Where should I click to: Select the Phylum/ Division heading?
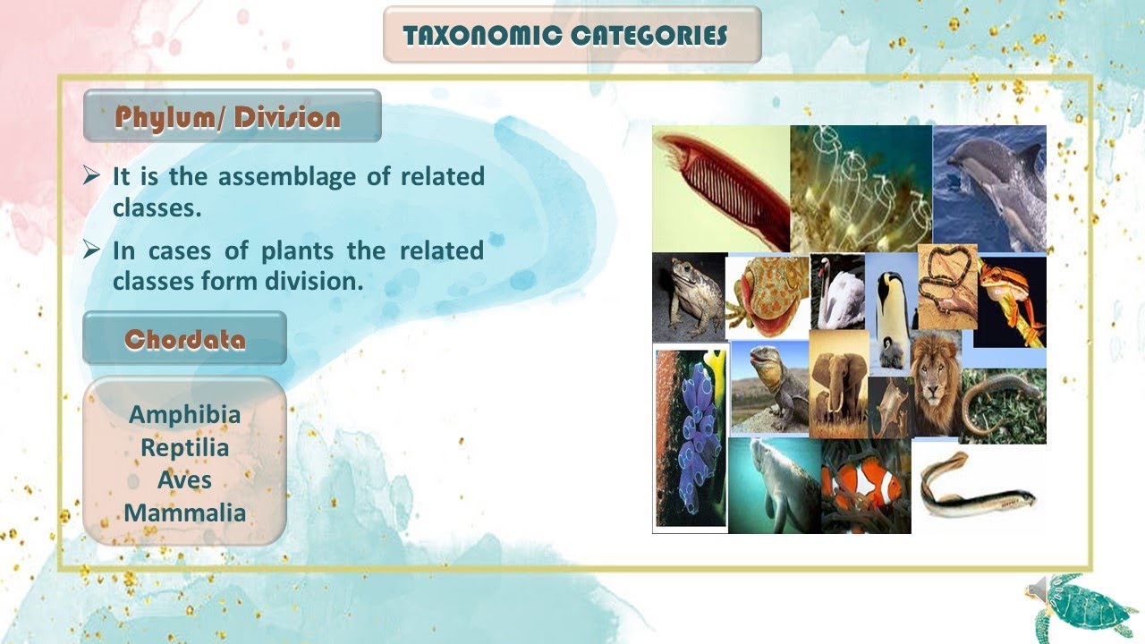228,118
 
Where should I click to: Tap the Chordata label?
185,340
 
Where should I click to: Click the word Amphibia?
185,415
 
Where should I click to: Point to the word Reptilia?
185,447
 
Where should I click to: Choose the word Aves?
185,480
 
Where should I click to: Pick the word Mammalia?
185,513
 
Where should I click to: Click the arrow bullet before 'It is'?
91,176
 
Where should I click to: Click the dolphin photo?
989,188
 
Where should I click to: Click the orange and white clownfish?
863,487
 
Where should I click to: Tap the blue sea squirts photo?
690,438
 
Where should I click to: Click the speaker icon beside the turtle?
1038,589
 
